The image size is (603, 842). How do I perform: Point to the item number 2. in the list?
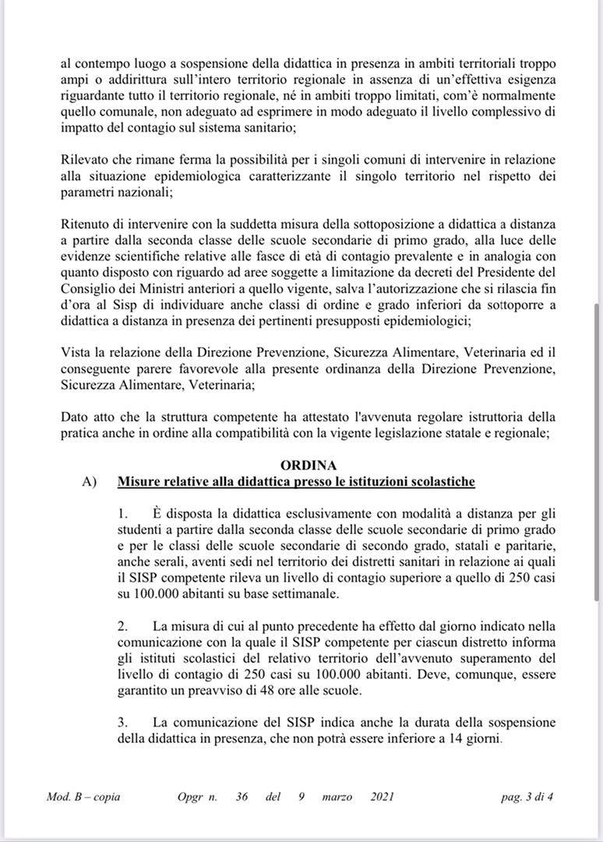[x=122, y=625]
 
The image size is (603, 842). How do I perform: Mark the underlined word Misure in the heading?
[x=139, y=482]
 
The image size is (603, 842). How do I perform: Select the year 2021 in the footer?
[x=383, y=798]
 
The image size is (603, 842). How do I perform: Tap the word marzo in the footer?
[x=337, y=798]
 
